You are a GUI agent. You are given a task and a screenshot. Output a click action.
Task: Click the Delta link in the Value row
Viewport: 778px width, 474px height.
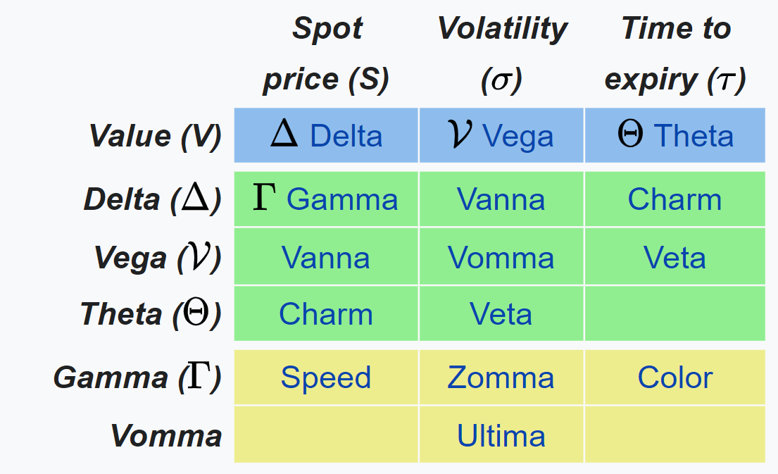346,136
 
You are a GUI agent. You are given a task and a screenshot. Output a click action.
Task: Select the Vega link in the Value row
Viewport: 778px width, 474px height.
517,136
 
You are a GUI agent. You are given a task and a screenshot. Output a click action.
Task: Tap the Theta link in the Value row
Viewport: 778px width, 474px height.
694,136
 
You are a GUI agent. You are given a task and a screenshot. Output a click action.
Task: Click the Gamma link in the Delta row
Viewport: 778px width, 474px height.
342,199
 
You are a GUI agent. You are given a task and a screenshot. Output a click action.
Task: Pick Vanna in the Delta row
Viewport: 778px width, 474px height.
501,199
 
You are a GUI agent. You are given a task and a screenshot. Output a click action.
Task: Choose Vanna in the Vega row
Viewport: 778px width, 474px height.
326,258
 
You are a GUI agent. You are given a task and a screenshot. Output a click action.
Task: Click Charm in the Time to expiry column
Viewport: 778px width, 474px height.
675,199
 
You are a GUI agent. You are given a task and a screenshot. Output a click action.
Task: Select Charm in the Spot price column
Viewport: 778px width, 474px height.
326,314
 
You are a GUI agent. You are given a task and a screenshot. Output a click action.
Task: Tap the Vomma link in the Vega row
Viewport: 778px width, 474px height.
501,258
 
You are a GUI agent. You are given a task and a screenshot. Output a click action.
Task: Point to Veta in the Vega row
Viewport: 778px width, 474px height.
675,258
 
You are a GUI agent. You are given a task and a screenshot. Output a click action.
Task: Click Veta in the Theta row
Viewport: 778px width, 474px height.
501,314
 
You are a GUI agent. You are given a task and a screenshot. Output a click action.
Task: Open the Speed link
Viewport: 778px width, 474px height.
326,378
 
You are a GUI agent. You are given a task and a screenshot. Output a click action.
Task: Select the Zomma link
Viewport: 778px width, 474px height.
501,378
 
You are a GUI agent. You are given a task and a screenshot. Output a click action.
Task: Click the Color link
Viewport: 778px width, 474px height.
675,378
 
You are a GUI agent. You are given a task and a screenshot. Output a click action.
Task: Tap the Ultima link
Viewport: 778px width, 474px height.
501,436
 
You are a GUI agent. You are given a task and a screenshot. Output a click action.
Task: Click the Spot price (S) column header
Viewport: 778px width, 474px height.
326,55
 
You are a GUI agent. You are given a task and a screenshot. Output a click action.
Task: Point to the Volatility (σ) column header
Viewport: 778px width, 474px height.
501,55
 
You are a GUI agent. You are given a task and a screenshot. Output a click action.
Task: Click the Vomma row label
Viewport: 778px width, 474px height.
166,436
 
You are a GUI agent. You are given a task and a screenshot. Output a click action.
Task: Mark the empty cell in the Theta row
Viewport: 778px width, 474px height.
675,314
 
